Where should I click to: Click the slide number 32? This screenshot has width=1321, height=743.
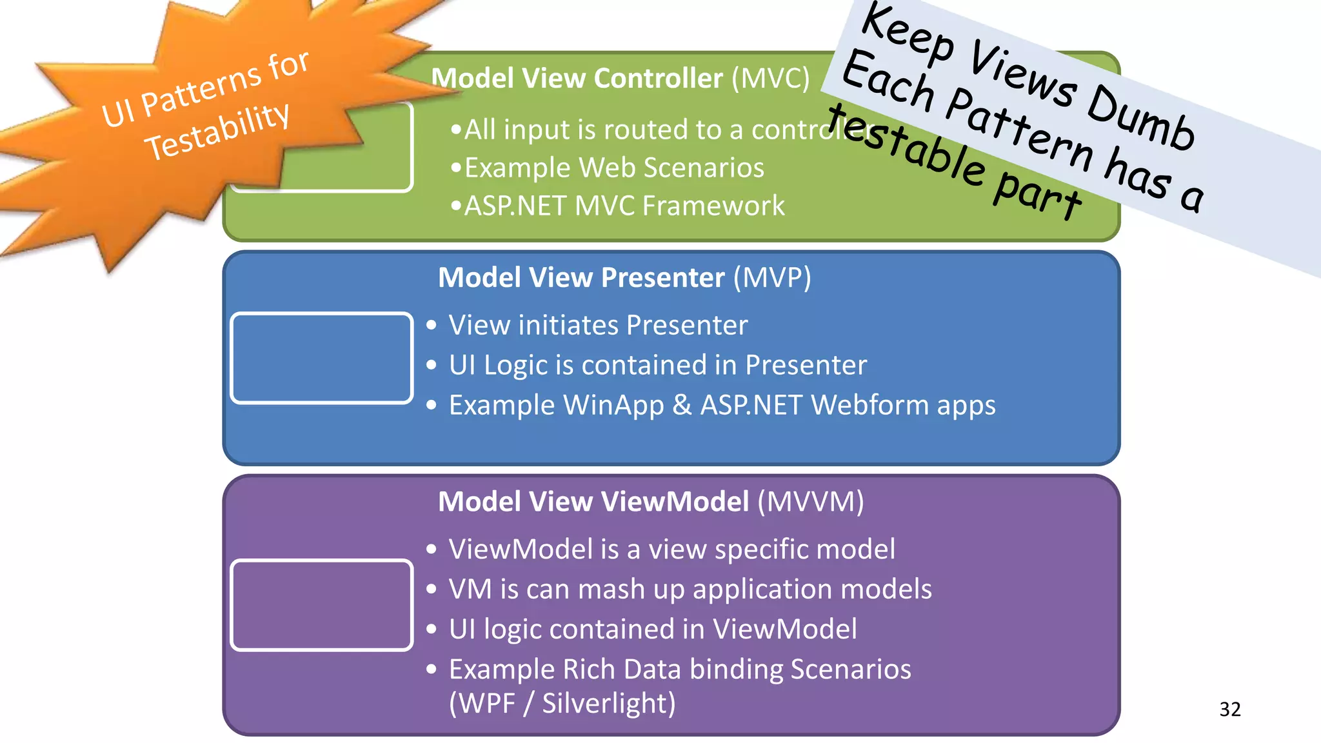pyautogui.click(x=1229, y=709)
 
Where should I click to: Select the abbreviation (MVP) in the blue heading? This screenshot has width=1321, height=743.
pyautogui.click(x=772, y=278)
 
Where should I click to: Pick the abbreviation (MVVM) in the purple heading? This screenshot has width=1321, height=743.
pyautogui.click(x=810, y=502)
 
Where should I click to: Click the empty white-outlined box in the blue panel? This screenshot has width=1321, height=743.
pyautogui.click(x=321, y=358)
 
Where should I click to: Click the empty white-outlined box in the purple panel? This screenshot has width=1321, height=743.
pyautogui.click(x=321, y=605)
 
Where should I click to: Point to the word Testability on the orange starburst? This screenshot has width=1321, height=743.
pyautogui.click(x=217, y=132)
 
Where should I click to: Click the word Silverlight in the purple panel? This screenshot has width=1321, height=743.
pyautogui.click(x=608, y=704)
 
